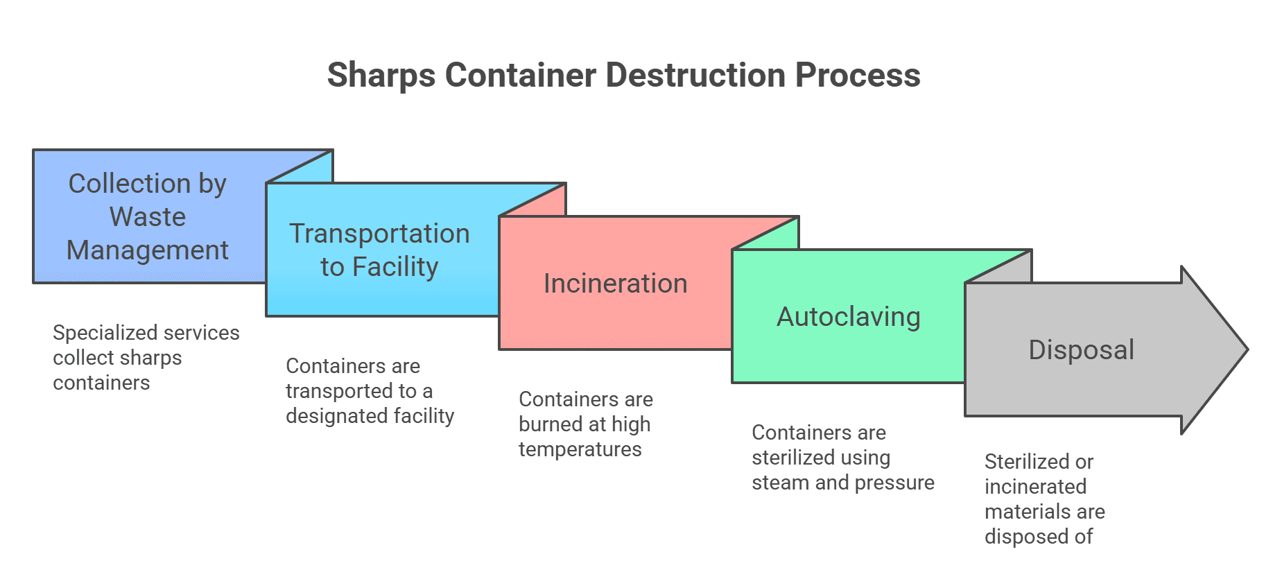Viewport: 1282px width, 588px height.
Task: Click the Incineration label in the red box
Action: pyautogui.click(x=615, y=284)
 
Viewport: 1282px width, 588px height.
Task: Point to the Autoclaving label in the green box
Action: pyautogui.click(x=848, y=317)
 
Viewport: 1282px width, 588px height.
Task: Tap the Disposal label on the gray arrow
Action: pyautogui.click(x=1081, y=350)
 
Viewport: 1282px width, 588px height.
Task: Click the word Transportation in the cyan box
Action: pyautogui.click(x=379, y=234)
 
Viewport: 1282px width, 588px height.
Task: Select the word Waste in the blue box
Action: pyautogui.click(x=148, y=217)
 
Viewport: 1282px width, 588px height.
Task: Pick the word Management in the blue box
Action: pyautogui.click(x=148, y=250)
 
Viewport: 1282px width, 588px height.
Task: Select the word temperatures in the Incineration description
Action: pyautogui.click(x=580, y=449)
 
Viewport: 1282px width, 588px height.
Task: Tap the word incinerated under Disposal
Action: pyautogui.click(x=1035, y=487)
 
